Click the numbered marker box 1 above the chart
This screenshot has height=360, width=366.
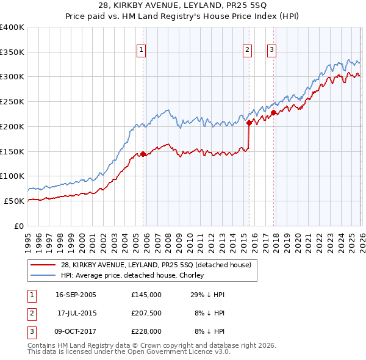coord(142,51)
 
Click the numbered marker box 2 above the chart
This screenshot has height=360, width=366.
coord(248,51)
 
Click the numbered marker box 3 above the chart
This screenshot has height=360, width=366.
coord(271,51)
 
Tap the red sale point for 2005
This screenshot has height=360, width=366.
coord(143,154)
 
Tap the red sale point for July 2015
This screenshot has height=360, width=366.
coord(249,123)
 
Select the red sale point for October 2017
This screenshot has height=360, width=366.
coord(273,112)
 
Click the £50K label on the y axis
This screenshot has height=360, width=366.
coord(15,201)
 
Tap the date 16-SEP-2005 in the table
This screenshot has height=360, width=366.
coord(76,294)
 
